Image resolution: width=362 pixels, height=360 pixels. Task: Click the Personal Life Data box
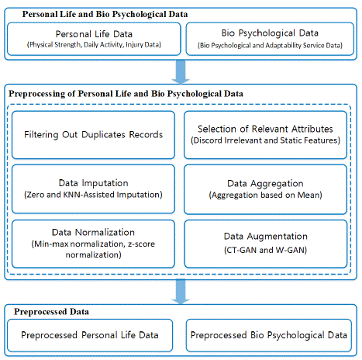coord(94,39)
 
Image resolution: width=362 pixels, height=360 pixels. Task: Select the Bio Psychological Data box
coord(270,39)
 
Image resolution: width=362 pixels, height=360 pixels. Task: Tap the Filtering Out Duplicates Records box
coord(93,135)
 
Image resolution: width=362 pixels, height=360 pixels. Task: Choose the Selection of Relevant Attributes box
coord(265,135)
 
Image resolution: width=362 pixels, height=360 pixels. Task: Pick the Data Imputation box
coord(93,189)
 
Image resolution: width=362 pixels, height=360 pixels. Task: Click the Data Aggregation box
coord(265,189)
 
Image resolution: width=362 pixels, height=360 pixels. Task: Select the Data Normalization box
coord(93,244)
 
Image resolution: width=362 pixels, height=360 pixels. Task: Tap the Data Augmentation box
coord(265,244)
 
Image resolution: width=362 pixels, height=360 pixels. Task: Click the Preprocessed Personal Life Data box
coord(90,335)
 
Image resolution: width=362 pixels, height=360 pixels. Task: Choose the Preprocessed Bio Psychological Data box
coord(269,335)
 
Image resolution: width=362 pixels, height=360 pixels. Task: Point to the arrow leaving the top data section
coord(181,71)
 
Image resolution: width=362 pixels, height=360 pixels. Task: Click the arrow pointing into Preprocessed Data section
coord(181,291)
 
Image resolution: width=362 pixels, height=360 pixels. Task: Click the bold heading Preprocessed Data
coord(51,312)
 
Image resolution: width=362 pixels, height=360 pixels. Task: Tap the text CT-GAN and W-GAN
coord(265,250)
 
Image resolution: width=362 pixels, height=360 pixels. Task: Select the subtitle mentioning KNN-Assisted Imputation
coord(93,195)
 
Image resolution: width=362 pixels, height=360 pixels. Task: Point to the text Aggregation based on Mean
coord(265,195)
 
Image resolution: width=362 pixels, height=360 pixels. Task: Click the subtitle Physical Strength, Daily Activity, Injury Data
coord(94,45)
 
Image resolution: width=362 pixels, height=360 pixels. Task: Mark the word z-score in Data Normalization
coord(141,244)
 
